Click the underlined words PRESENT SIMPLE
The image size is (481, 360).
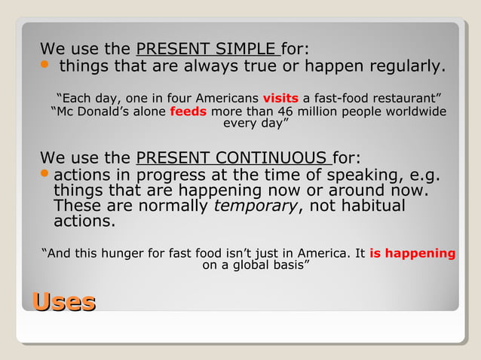207,50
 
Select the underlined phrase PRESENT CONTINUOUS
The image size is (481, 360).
231,158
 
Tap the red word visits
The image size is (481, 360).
280,98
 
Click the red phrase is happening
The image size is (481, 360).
412,254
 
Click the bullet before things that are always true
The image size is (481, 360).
44,66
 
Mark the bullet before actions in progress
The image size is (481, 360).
44,175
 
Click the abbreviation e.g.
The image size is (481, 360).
424,175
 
